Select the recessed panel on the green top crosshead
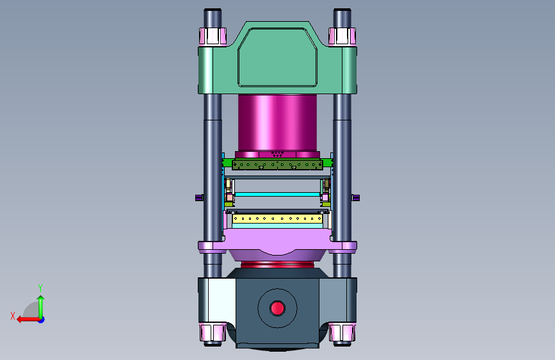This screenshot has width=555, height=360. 278,58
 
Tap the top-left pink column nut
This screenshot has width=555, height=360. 213,36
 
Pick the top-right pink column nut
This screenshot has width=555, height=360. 342,36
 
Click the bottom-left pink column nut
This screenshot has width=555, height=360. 213,332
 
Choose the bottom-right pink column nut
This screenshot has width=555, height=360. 342,332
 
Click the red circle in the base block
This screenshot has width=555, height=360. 277,308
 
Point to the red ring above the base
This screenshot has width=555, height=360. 277,265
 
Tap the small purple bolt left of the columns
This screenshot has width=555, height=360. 199,198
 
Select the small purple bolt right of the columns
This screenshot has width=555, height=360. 355,198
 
